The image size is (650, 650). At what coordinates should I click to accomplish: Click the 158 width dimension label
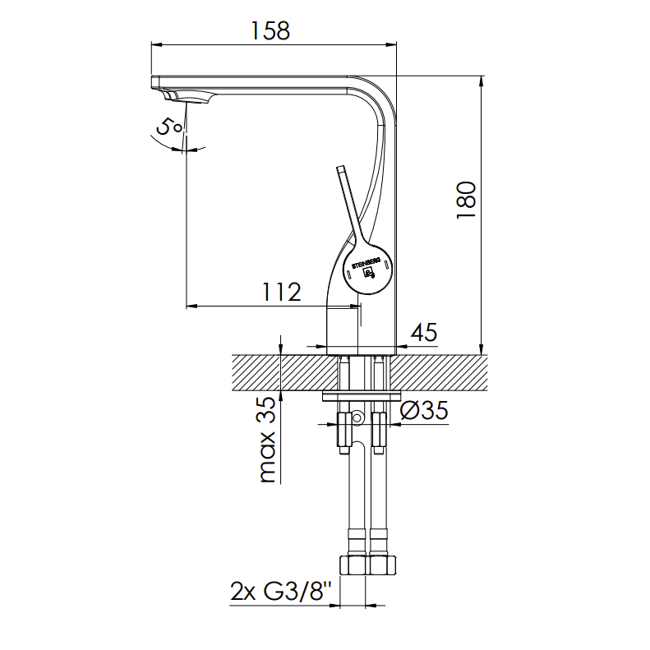click(x=270, y=30)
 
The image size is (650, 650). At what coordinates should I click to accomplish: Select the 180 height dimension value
click(x=467, y=200)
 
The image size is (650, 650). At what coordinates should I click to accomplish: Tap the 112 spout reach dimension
click(x=282, y=292)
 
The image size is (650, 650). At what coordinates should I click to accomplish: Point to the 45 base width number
click(x=424, y=332)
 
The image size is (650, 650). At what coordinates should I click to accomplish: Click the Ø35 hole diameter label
click(x=424, y=411)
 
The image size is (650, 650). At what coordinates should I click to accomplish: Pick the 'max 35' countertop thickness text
click(x=267, y=440)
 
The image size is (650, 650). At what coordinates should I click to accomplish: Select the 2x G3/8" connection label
click(x=282, y=591)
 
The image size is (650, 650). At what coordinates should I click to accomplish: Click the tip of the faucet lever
click(x=341, y=168)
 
